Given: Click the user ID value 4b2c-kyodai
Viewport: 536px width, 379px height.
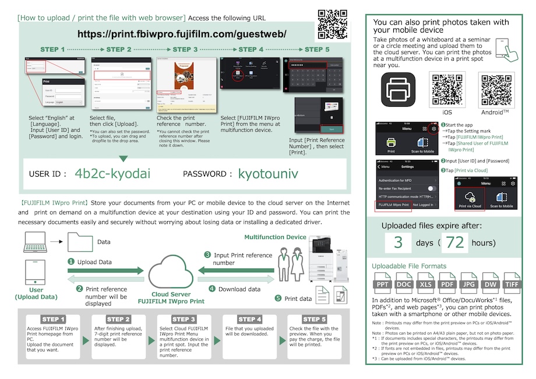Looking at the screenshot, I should [x=112, y=174].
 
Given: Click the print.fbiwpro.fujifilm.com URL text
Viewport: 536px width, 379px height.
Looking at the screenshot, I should [x=182, y=34].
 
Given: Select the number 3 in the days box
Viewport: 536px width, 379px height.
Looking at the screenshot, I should [x=399, y=242].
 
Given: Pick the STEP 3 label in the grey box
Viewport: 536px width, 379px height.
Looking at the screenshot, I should [x=184, y=319].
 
